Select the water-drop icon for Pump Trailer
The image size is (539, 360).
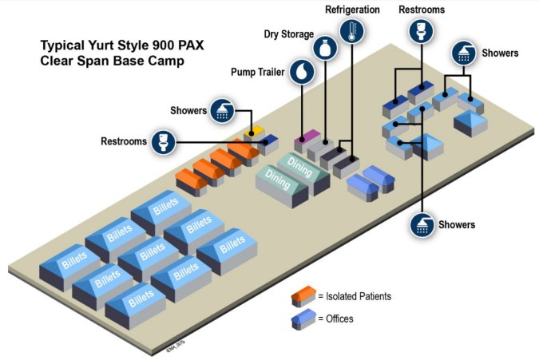click(301, 71)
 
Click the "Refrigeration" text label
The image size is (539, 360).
click(351, 9)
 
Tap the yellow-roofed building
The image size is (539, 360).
click(256, 129)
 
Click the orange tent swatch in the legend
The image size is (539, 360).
click(303, 296)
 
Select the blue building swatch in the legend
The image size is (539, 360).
click(303, 318)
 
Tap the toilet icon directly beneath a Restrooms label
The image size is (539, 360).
click(420, 32)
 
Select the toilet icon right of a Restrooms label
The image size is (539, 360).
click(164, 142)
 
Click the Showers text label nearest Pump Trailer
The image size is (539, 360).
click(189, 110)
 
